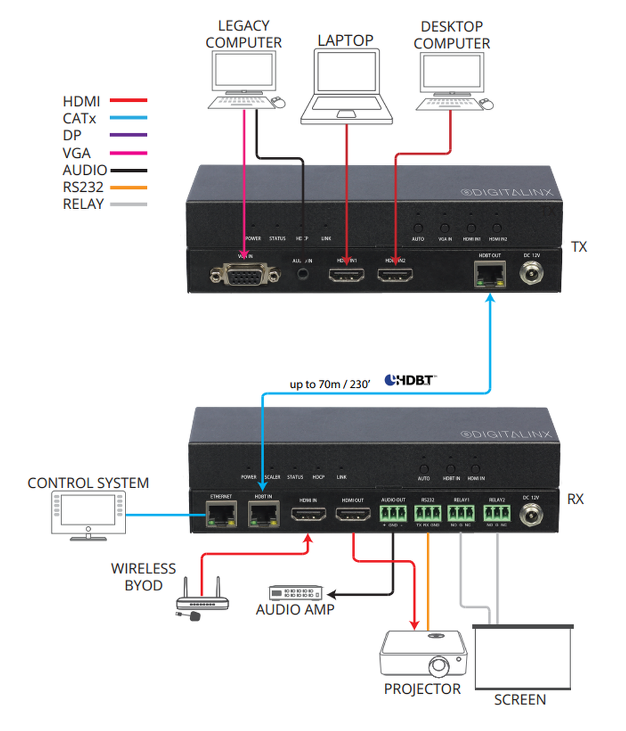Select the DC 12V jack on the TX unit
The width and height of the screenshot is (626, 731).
(x=532, y=275)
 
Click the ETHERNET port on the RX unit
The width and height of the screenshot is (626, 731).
(x=221, y=514)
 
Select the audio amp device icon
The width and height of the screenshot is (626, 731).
(x=295, y=593)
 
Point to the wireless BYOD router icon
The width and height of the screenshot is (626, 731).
(x=202, y=599)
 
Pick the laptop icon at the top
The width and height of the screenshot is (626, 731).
(x=346, y=85)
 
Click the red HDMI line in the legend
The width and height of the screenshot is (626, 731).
(x=128, y=101)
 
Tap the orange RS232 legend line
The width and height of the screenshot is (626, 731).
(x=128, y=188)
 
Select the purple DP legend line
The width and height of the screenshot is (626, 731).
(x=128, y=135)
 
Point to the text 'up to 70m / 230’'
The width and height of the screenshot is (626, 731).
(x=330, y=384)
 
